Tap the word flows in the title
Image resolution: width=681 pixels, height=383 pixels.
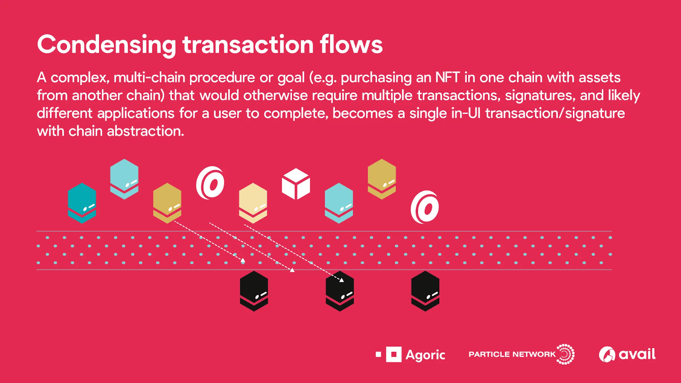coord(351,44)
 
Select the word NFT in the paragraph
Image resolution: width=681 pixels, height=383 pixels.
coord(447,77)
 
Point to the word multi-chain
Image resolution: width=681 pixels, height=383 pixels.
coord(149,77)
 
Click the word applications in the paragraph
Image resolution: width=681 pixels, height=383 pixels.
coord(136,113)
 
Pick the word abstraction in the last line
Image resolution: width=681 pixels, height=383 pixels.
coord(146,131)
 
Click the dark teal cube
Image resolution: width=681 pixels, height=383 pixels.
coord(82,203)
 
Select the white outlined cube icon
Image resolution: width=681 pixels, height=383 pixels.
coord(296,184)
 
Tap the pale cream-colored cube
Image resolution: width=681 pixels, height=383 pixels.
coord(253,203)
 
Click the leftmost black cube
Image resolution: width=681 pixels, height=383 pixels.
coord(254,291)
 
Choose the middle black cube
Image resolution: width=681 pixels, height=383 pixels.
coord(340,291)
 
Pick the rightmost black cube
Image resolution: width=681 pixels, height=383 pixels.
coord(425,291)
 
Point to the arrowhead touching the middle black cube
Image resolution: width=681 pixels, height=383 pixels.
coord(341,280)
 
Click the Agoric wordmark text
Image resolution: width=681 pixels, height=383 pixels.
coord(425,355)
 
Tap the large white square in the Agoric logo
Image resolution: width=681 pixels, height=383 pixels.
coord(394,354)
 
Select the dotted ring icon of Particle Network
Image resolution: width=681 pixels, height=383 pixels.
coord(565,354)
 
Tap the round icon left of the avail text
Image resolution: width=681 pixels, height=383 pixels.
coord(607,354)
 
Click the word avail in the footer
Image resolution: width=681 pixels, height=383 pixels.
coord(637,354)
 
